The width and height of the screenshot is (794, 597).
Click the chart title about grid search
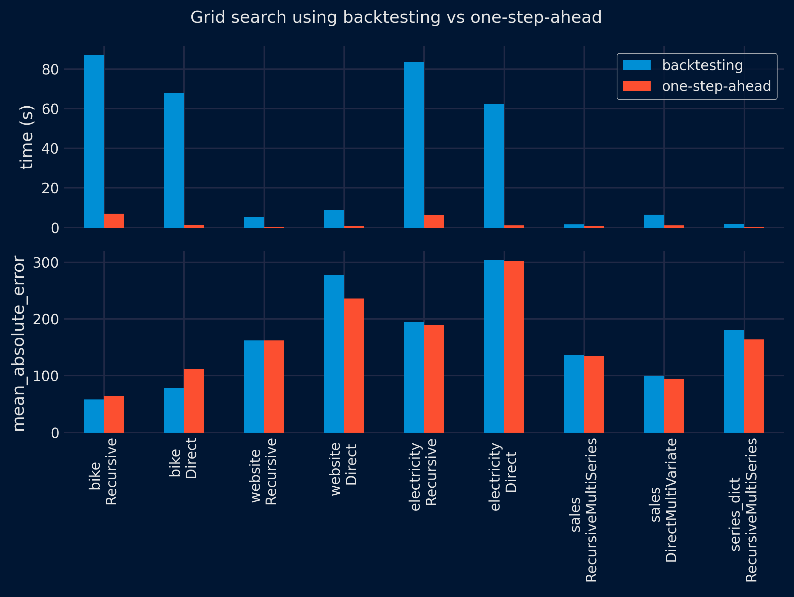tap(396, 17)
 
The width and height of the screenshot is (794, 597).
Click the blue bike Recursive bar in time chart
tap(94, 141)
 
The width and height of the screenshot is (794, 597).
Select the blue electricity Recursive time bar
tap(414, 145)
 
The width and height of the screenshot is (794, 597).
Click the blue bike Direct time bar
tap(174, 160)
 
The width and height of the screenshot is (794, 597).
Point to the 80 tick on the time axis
tap(50, 69)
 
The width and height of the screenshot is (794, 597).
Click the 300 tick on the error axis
tap(46, 263)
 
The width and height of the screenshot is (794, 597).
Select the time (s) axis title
tap(27, 137)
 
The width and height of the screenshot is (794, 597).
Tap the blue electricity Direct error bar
tap(494, 346)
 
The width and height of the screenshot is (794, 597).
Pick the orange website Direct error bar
tap(354, 365)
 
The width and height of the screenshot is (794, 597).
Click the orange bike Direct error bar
tap(194, 400)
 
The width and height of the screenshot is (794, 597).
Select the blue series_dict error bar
tap(734, 381)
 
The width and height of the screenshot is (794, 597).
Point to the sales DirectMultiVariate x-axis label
tap(663, 500)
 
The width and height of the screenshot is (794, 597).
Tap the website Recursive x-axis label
tap(264, 471)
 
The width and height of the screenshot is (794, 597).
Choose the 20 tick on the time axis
tap(50, 188)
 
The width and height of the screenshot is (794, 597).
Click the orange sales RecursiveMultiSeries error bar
tap(594, 394)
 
